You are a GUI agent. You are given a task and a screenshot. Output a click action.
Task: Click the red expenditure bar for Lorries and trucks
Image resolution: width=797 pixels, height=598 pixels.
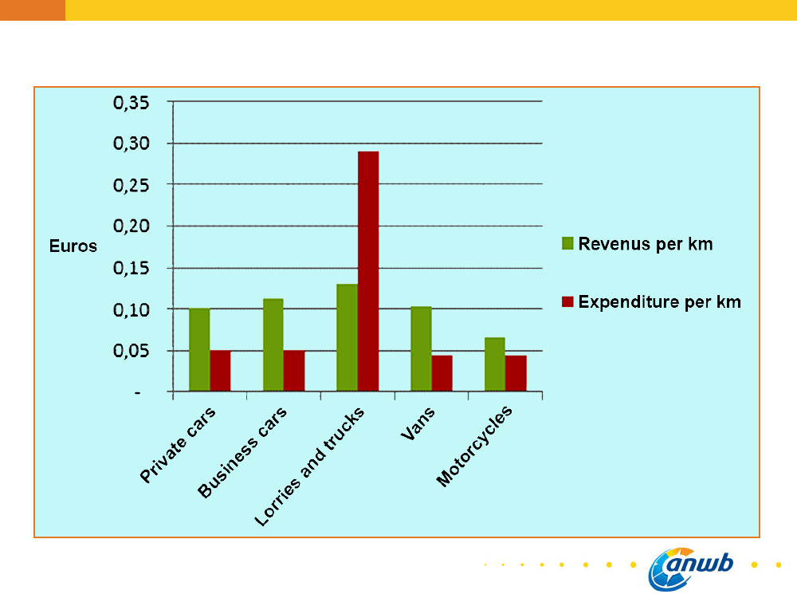coord(368,271)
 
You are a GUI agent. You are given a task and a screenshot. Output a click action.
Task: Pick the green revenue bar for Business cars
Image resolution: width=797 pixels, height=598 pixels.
coord(273,344)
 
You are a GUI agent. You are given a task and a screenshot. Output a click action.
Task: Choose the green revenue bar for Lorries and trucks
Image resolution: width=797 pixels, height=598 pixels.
coord(347,337)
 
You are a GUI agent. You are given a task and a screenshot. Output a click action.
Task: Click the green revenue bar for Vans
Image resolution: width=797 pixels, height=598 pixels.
coord(420,348)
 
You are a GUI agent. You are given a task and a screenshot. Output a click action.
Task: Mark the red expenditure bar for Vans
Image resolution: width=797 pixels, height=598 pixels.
coord(442,373)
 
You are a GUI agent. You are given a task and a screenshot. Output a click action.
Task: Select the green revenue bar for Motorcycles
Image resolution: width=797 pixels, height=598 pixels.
coord(494,364)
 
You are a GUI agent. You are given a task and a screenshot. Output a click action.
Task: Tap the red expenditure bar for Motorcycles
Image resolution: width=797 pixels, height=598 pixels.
coord(516,373)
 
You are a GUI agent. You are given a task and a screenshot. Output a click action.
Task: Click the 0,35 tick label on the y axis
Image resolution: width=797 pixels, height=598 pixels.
coord(135,102)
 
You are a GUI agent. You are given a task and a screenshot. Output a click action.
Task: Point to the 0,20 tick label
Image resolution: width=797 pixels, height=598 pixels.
coord(135,226)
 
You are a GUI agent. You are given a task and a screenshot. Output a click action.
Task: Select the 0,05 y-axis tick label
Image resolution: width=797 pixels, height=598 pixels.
coord(135,351)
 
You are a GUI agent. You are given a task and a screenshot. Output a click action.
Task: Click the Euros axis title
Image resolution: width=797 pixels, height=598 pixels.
coord(73,246)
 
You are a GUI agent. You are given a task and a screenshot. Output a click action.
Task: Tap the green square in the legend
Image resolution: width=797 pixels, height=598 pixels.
coord(567,244)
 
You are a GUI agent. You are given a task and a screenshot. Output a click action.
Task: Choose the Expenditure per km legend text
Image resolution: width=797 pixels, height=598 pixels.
coord(659,302)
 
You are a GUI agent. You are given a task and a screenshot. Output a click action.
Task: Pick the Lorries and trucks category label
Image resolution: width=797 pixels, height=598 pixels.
coord(310,466)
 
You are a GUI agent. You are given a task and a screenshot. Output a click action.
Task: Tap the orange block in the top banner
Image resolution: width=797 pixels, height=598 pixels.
coord(32,10)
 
